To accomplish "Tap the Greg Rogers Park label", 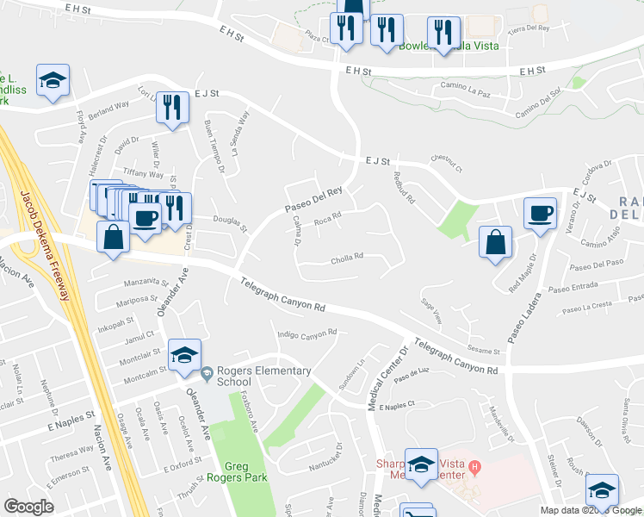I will point(237,470).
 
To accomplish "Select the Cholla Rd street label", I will point(347,256).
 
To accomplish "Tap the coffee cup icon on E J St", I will point(541,214).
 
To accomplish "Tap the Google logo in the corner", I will point(28,507).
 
